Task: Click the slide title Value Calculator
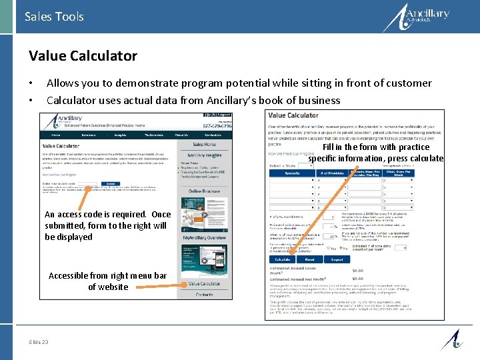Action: click(83, 56)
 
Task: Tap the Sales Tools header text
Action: click(54, 16)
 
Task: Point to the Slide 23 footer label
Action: click(39, 341)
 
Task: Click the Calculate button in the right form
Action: click(282, 259)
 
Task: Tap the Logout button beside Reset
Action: click(337, 259)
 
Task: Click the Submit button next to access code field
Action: click(111, 184)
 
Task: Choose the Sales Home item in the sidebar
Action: click(205, 144)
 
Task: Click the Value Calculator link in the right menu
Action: click(204, 283)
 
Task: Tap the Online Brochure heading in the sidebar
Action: click(205, 191)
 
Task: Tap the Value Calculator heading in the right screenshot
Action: click(293, 115)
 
